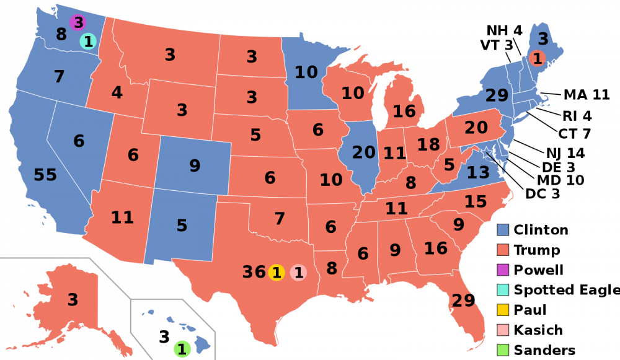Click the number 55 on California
coord(45,175)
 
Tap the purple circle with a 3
coord(77,23)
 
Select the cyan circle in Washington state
coord(88,42)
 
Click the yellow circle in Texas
coord(277,272)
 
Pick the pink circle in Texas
coord(298,272)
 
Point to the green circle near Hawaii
coord(182,349)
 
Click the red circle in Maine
coord(537,59)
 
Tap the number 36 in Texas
coord(254,272)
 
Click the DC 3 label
coord(542,194)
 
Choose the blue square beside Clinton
coord(503,230)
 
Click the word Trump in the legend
coord(537,250)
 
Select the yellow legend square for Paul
coord(503,310)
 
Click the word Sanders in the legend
coord(544,350)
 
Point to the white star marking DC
coord(487,152)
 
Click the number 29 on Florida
coord(463,301)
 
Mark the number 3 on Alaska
coord(73,300)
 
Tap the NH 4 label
coord(504,31)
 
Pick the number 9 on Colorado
coord(195,166)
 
